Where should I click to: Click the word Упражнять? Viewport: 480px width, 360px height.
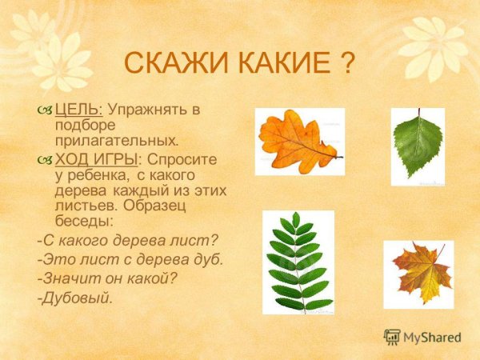pos(150,110)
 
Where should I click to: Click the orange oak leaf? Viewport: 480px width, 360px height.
pos(299,142)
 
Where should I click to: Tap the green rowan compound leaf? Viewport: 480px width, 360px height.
pos(298,262)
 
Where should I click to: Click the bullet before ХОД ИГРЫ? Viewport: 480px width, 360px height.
pos(43,159)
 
